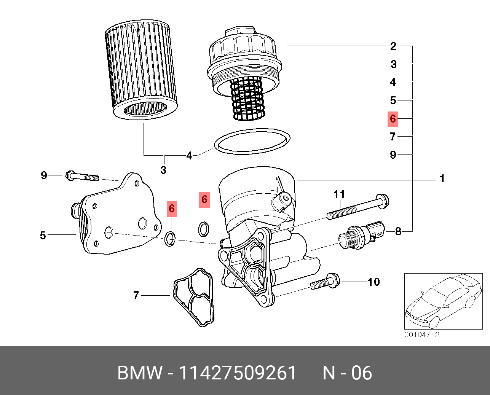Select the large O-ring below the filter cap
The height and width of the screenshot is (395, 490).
point(252,142)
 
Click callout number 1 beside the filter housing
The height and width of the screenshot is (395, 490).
point(442,178)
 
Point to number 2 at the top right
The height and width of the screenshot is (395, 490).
point(393,46)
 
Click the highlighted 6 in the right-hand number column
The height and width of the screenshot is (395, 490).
point(393,119)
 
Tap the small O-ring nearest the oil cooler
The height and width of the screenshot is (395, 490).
point(170,238)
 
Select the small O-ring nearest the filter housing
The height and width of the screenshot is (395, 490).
point(204,229)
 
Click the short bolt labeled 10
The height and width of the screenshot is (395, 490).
point(326,282)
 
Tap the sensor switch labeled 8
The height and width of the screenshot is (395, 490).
point(362,236)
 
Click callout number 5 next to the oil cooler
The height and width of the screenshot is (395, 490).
point(43,236)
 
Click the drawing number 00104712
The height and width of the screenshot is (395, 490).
point(421,334)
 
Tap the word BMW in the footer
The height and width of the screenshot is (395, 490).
point(140,373)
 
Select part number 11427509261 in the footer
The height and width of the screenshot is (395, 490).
point(237,373)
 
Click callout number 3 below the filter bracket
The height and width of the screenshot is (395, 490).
point(163,170)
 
